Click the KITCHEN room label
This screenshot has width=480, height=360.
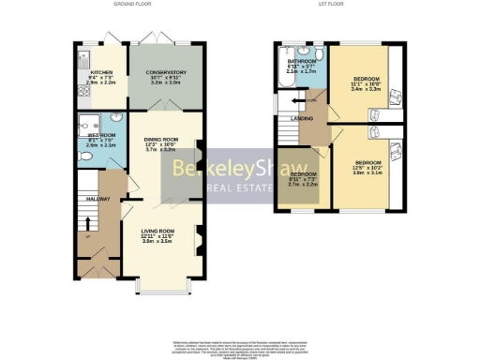101,71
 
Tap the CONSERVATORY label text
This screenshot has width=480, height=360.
165,71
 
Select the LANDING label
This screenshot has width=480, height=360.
302,117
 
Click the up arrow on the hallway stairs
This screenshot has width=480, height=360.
87,224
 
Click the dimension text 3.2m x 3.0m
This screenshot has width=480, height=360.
165,82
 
